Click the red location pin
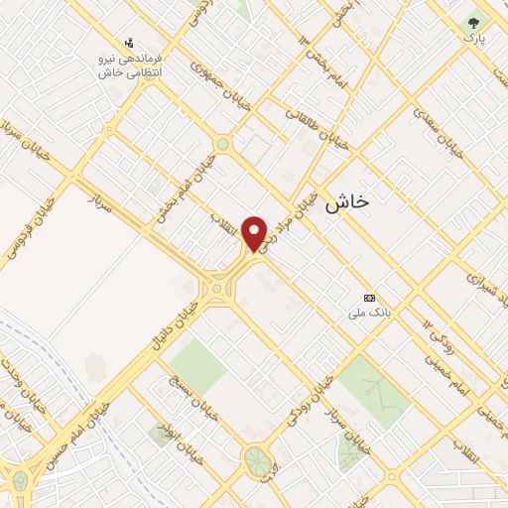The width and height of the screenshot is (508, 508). pyautogui.click(x=255, y=233)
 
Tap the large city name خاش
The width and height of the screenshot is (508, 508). pyautogui.click(x=346, y=200)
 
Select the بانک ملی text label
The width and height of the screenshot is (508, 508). pyautogui.click(x=364, y=314)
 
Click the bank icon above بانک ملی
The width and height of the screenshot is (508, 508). pyautogui.click(x=370, y=298)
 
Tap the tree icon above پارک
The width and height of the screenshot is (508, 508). pyautogui.click(x=474, y=21)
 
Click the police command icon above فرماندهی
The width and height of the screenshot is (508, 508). pyautogui.click(x=129, y=43)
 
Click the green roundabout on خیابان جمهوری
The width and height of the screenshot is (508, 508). pyautogui.click(x=223, y=145)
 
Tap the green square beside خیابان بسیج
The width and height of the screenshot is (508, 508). pyautogui.click(x=198, y=366)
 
